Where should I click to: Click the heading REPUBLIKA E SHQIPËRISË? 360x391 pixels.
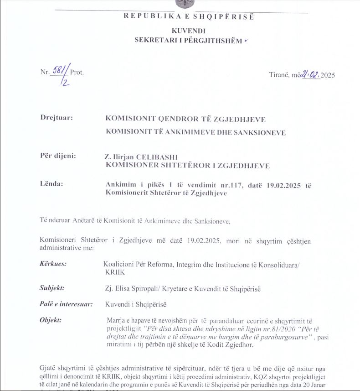click(x=189, y=17)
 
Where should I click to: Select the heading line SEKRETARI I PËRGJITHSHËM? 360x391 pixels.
click(x=188, y=40)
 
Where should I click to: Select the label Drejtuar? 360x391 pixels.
click(x=57, y=118)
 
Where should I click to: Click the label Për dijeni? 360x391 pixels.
click(x=58, y=156)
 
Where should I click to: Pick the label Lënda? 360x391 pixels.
click(x=51, y=184)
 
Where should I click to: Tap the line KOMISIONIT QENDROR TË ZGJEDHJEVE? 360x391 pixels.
click(x=185, y=119)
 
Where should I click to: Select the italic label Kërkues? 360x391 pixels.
click(x=53, y=264)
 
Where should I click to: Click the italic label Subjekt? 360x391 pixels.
click(x=52, y=288)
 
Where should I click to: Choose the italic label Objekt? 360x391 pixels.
click(x=51, y=320)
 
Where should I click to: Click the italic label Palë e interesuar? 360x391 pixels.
click(x=67, y=304)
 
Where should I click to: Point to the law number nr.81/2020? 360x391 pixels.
click(x=262, y=329)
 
